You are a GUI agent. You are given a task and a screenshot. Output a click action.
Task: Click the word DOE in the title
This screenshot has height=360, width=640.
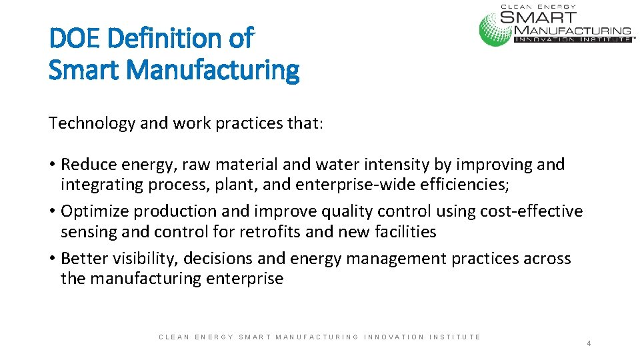(x=75, y=38)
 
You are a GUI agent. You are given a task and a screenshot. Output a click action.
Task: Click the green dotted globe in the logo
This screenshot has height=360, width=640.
(x=495, y=29)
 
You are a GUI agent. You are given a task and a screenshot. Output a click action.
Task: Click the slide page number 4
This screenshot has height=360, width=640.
(x=589, y=343)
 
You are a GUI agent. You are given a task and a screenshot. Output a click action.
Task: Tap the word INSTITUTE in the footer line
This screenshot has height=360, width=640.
(x=455, y=337)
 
